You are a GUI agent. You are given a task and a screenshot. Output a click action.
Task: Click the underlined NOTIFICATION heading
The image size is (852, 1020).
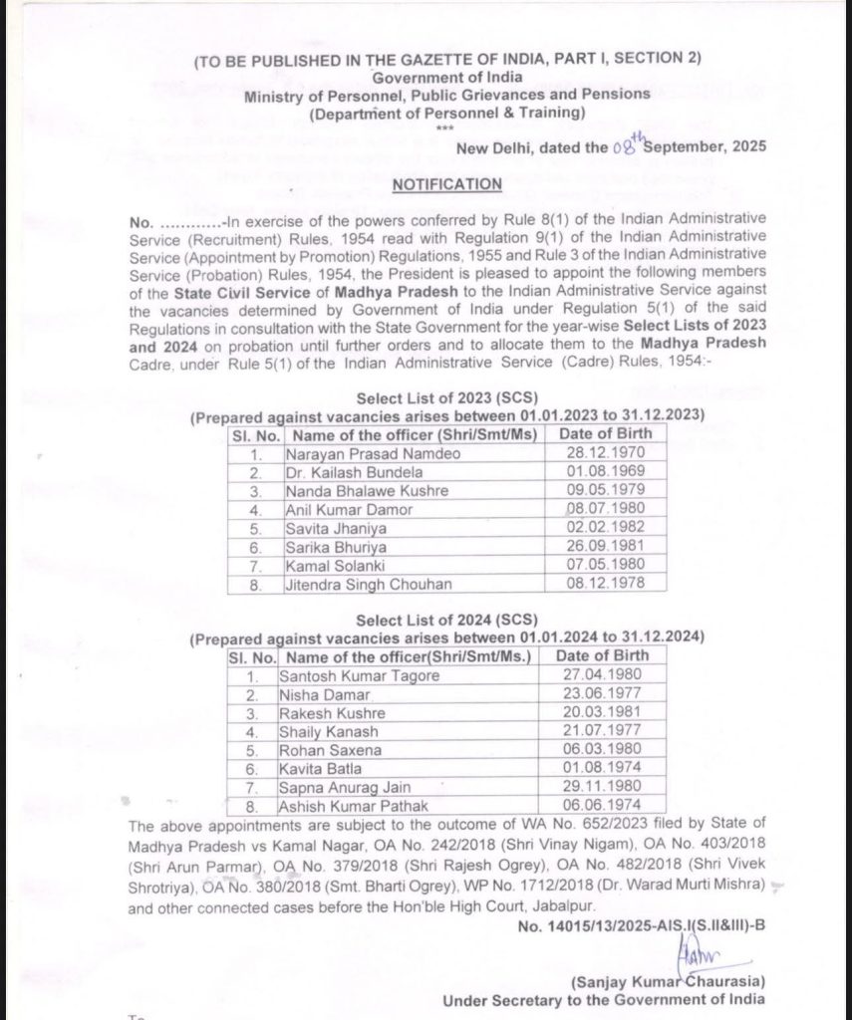tap(447, 184)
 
